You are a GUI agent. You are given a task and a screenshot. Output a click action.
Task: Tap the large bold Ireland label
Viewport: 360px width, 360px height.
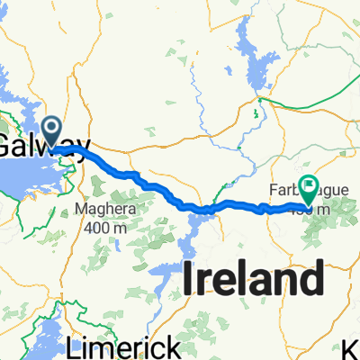[253, 279]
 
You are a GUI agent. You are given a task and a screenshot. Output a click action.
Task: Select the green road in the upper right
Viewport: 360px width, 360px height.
[256, 112]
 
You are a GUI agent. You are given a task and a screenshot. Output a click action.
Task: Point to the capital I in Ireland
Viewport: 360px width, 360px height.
[190, 279]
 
